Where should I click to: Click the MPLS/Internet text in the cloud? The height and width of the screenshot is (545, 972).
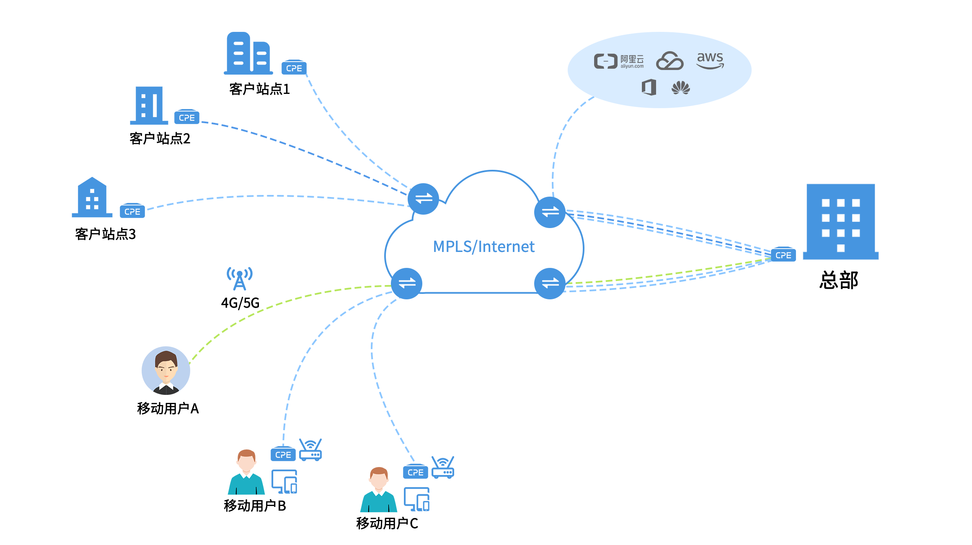[x=483, y=247]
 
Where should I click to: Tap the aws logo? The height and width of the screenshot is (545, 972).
[x=710, y=60]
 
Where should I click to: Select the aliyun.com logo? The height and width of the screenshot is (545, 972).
[x=618, y=62]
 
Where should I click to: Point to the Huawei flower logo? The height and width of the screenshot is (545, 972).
[x=680, y=88]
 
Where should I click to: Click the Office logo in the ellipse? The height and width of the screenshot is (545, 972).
[x=649, y=88]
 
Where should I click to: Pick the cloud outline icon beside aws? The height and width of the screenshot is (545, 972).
[x=670, y=61]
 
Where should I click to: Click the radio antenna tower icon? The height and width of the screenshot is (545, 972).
[x=240, y=278]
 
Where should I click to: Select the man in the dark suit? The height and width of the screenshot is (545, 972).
[x=166, y=371]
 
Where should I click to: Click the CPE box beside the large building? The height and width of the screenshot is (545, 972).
[x=783, y=254]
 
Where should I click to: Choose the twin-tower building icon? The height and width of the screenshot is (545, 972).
[x=248, y=53]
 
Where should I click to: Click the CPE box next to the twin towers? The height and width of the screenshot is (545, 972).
[x=294, y=67]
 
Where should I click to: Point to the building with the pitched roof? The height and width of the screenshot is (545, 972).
[x=92, y=197]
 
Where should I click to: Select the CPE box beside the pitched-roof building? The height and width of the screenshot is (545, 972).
[x=132, y=211]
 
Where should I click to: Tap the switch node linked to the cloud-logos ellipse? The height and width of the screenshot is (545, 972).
[x=550, y=212]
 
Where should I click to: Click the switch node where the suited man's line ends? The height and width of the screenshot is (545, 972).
[x=406, y=283]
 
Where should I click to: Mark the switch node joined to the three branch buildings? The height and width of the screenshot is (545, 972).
[x=423, y=199]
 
